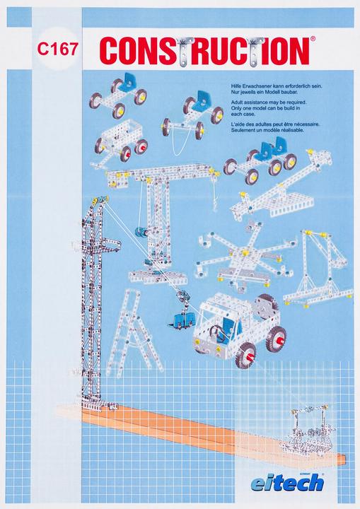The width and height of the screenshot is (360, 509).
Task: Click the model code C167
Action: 59,51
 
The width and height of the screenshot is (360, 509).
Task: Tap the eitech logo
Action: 291,482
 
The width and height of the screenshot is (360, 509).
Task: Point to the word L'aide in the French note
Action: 230,124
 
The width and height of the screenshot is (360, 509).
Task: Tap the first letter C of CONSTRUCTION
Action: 110,51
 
